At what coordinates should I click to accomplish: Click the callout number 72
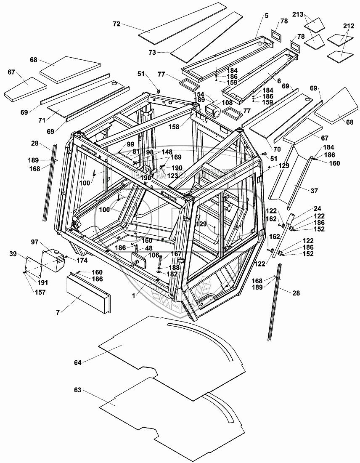pos(116,24)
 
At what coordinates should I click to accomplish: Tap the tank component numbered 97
pos(53,259)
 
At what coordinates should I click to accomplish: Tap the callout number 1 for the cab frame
pos(134,296)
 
